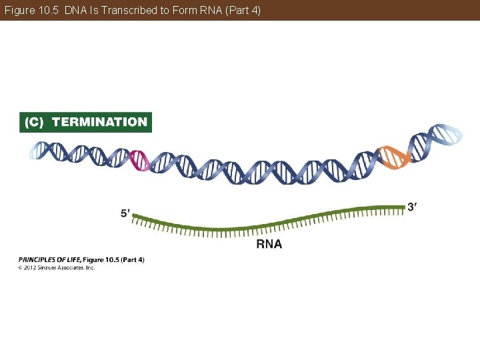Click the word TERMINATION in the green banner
click(99, 122)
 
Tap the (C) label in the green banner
click(34, 122)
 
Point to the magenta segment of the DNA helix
click(139, 161)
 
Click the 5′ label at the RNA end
click(125, 213)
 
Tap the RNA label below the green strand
click(269, 244)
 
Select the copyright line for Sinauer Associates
click(57, 267)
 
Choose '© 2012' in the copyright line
click(27, 267)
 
